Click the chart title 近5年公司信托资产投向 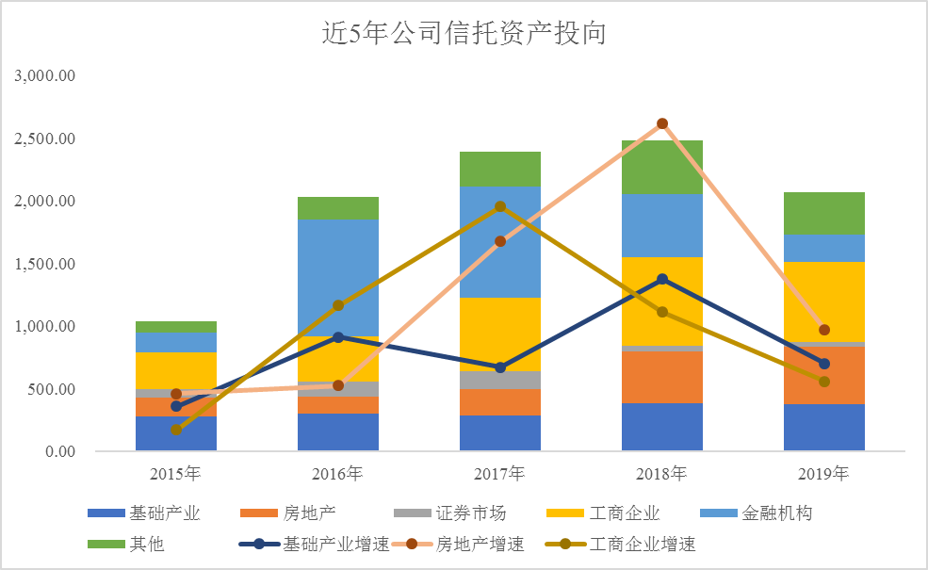pyautogui.click(x=463, y=35)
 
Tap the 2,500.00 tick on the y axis pyautogui.click(x=47, y=138)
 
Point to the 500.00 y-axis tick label pyautogui.click(x=54, y=389)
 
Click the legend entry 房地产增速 pyautogui.click(x=480, y=544)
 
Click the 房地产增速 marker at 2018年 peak pyautogui.click(x=662, y=123)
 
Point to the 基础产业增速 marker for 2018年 pyautogui.click(x=662, y=279)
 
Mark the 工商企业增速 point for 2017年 pyautogui.click(x=500, y=206)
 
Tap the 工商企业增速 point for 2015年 pyautogui.click(x=176, y=430)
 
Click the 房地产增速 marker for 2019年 pyautogui.click(x=824, y=330)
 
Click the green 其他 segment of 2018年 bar pyautogui.click(x=662, y=167)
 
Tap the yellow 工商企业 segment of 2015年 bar pyautogui.click(x=176, y=370)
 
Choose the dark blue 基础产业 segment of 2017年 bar pyautogui.click(x=500, y=432)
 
